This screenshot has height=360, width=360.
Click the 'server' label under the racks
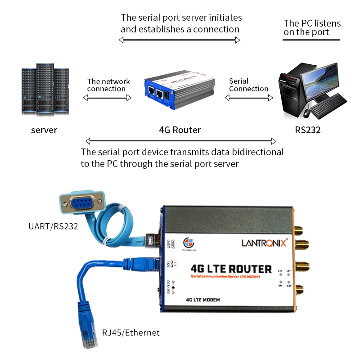44,130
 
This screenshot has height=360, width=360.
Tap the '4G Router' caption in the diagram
180,130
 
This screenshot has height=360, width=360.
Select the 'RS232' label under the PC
308,130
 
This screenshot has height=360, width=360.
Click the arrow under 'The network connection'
108,97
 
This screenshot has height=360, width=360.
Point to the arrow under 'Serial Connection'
249,97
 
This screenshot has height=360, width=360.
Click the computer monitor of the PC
320,81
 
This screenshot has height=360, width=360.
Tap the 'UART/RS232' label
53,225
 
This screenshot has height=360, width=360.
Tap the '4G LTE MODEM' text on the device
202,300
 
